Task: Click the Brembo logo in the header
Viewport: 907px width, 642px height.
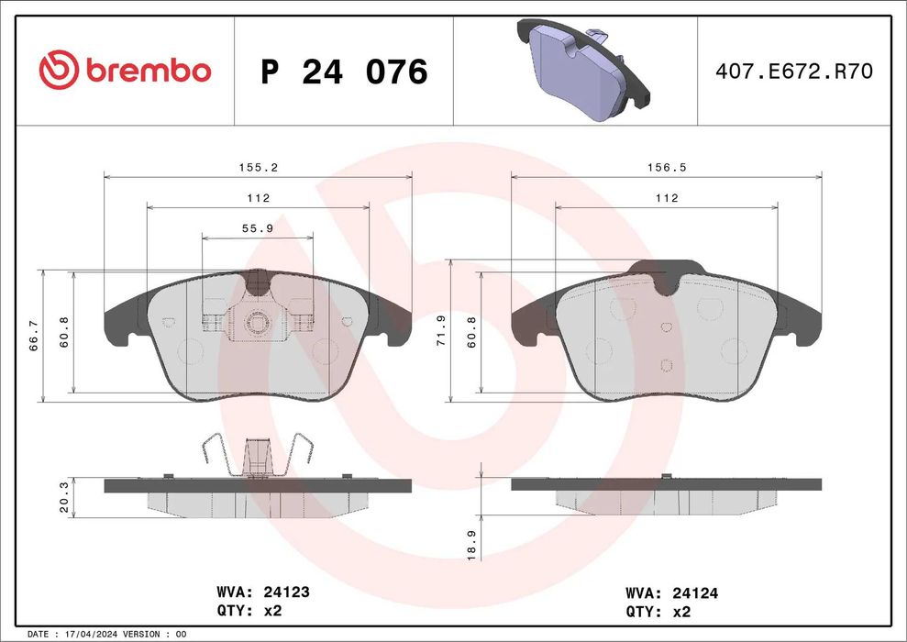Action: coord(125,70)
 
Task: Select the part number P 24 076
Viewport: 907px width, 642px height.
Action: coord(344,71)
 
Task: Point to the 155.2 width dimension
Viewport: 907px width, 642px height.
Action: coord(258,168)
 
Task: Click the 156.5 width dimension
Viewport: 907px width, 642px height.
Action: coord(666,168)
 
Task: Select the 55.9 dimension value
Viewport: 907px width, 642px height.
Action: coord(257,228)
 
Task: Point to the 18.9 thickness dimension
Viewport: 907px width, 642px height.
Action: coord(470,545)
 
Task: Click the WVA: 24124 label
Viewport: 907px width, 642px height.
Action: coord(671,593)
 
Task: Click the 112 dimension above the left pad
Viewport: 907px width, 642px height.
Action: coord(258,198)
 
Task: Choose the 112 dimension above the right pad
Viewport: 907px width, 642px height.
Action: coord(666,198)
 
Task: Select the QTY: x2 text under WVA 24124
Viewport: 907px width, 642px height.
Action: coord(658,612)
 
